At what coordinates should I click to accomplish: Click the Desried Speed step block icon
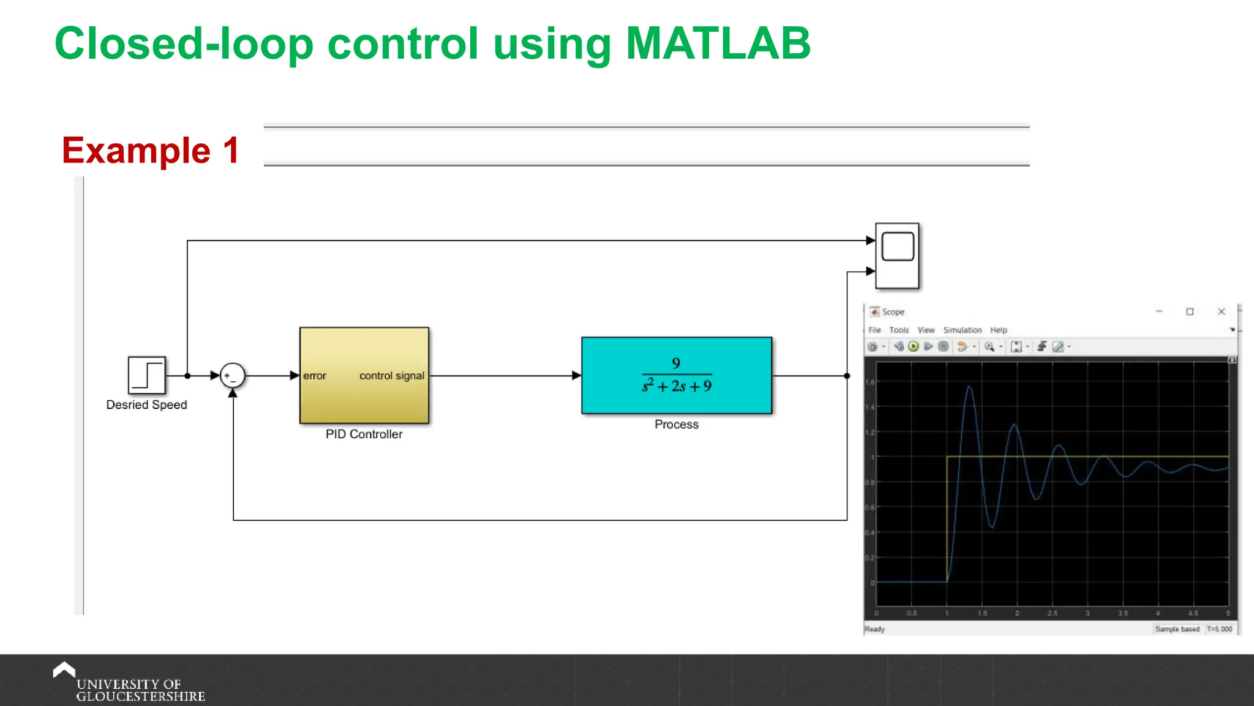(147, 375)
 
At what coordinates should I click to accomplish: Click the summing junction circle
(233, 376)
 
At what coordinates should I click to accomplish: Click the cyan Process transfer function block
(676, 375)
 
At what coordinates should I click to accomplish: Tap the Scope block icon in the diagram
(897, 256)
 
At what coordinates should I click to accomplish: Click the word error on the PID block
(315, 376)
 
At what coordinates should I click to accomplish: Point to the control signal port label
(391, 376)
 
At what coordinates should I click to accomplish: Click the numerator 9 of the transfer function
(676, 363)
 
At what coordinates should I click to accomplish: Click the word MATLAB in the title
(718, 44)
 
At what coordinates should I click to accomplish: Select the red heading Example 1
(151, 150)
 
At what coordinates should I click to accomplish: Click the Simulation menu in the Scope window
(962, 330)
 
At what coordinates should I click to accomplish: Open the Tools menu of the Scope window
(899, 330)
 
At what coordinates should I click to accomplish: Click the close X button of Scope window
(1221, 311)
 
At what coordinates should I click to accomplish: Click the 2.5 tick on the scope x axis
(1052, 613)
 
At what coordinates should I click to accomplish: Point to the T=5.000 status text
(1220, 629)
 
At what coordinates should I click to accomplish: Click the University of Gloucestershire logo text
(140, 690)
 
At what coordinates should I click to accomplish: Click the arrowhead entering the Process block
(576, 376)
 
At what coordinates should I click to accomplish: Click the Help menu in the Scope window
(998, 330)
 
